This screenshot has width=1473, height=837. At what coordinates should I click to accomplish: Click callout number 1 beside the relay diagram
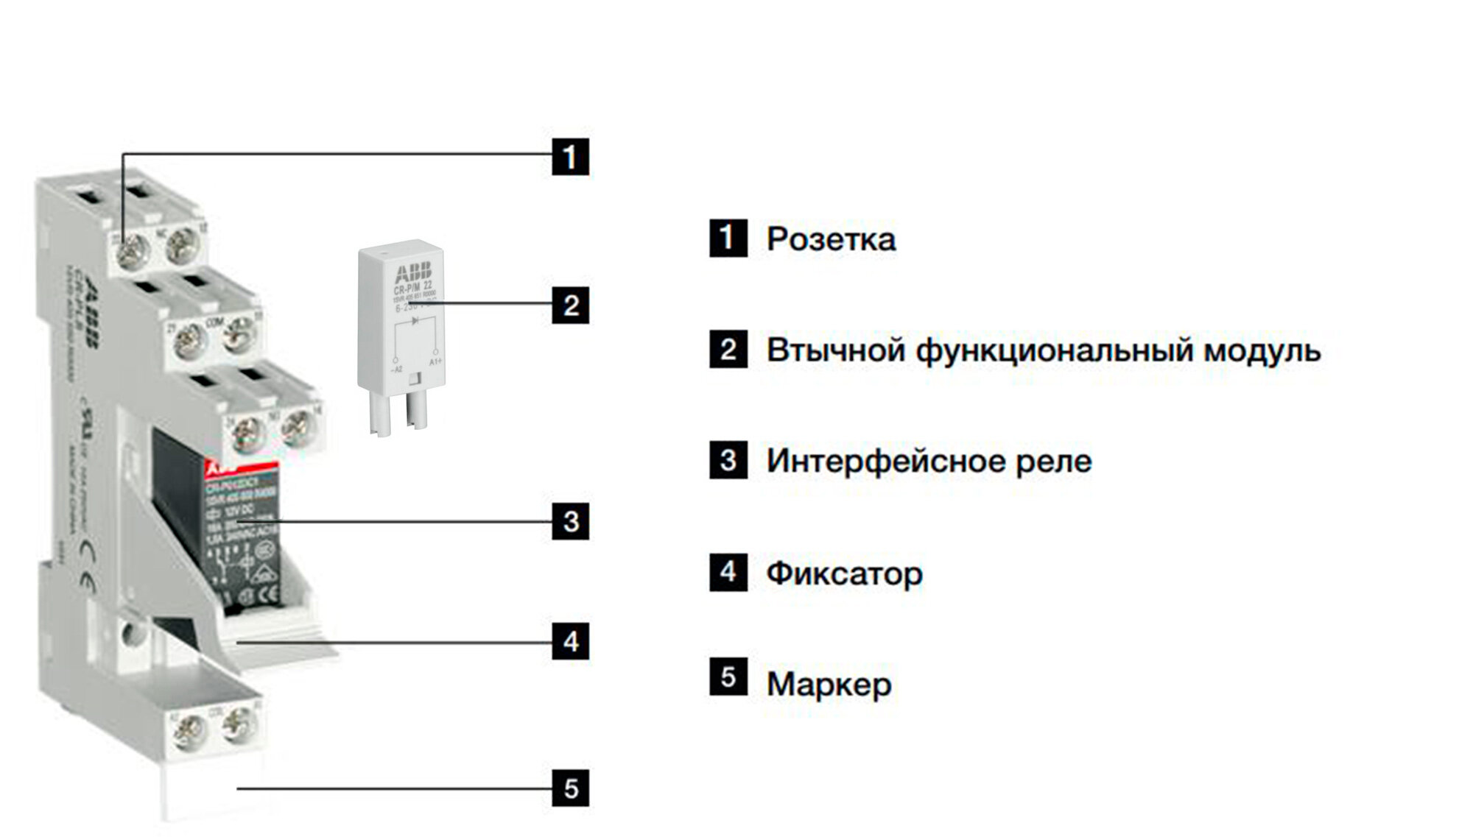[570, 157]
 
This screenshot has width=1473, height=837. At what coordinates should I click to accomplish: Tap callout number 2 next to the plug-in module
[570, 305]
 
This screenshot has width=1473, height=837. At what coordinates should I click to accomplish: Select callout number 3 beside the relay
[570, 521]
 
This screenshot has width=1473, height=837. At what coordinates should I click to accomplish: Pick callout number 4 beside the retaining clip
[570, 641]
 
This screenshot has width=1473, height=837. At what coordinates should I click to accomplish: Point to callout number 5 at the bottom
[570, 788]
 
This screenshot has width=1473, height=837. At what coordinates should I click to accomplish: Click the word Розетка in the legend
[831, 239]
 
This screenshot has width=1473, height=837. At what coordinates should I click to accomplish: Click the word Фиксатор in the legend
[844, 573]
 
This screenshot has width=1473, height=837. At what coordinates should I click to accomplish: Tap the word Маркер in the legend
[829, 685]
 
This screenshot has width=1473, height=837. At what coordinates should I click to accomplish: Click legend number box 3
[728, 460]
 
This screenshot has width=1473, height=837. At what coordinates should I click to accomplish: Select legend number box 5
[728, 677]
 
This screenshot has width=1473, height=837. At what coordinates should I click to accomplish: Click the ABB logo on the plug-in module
[413, 273]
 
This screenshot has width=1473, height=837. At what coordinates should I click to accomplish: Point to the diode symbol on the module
[415, 321]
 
